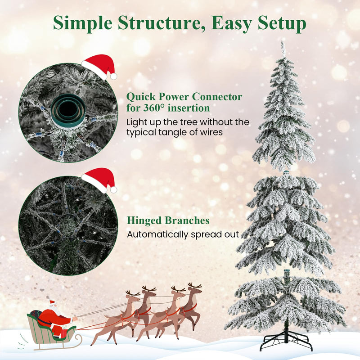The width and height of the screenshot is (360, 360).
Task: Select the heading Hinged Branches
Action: pos(168,220)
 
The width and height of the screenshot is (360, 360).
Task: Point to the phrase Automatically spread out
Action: pos(183,234)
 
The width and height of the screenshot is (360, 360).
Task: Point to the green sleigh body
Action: pos(45,331)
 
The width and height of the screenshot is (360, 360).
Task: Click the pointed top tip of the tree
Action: pos(283,44)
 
